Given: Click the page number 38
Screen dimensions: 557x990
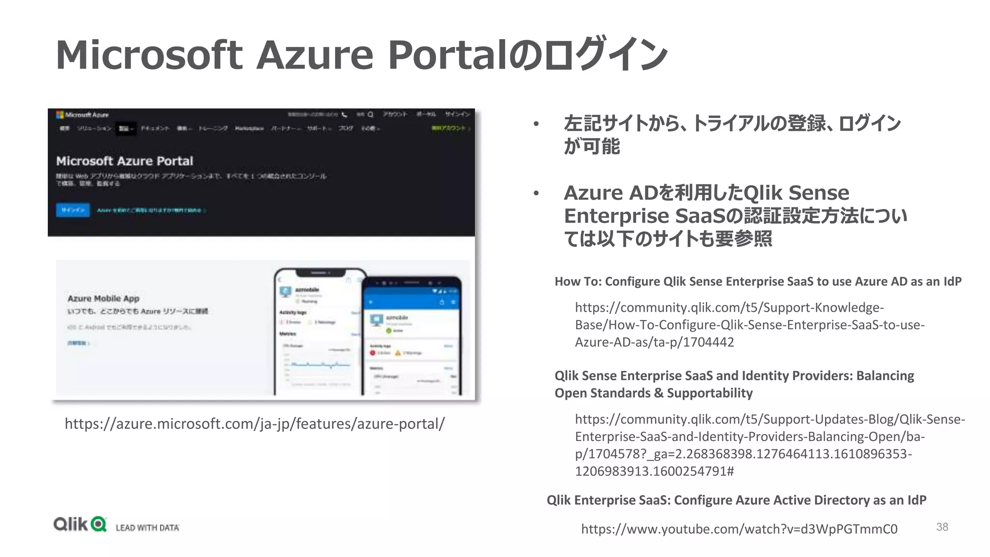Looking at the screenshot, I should [942, 527].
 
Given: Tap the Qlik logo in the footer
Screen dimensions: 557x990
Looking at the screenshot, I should [80, 524].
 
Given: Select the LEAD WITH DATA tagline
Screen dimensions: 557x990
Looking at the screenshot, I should [147, 528].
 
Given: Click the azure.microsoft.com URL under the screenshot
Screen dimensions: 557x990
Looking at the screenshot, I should [254, 424].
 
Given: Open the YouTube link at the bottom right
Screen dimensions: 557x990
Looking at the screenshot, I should [739, 529].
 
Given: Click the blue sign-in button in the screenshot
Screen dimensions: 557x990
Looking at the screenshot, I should [73, 210].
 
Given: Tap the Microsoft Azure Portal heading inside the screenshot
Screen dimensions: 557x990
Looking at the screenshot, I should [125, 161].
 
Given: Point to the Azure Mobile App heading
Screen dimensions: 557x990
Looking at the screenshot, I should [103, 298].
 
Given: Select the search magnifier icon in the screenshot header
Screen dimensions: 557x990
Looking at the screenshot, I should [370, 115].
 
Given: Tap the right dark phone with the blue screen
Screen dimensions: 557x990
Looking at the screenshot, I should [412, 338].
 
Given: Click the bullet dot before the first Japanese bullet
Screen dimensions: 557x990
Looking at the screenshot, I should [536, 124].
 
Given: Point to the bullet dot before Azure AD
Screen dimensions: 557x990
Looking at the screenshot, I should [536, 193].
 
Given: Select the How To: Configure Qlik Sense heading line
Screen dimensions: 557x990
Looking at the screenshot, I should [757, 281].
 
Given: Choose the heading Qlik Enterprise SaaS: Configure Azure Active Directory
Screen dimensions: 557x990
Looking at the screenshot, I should [736, 500].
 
